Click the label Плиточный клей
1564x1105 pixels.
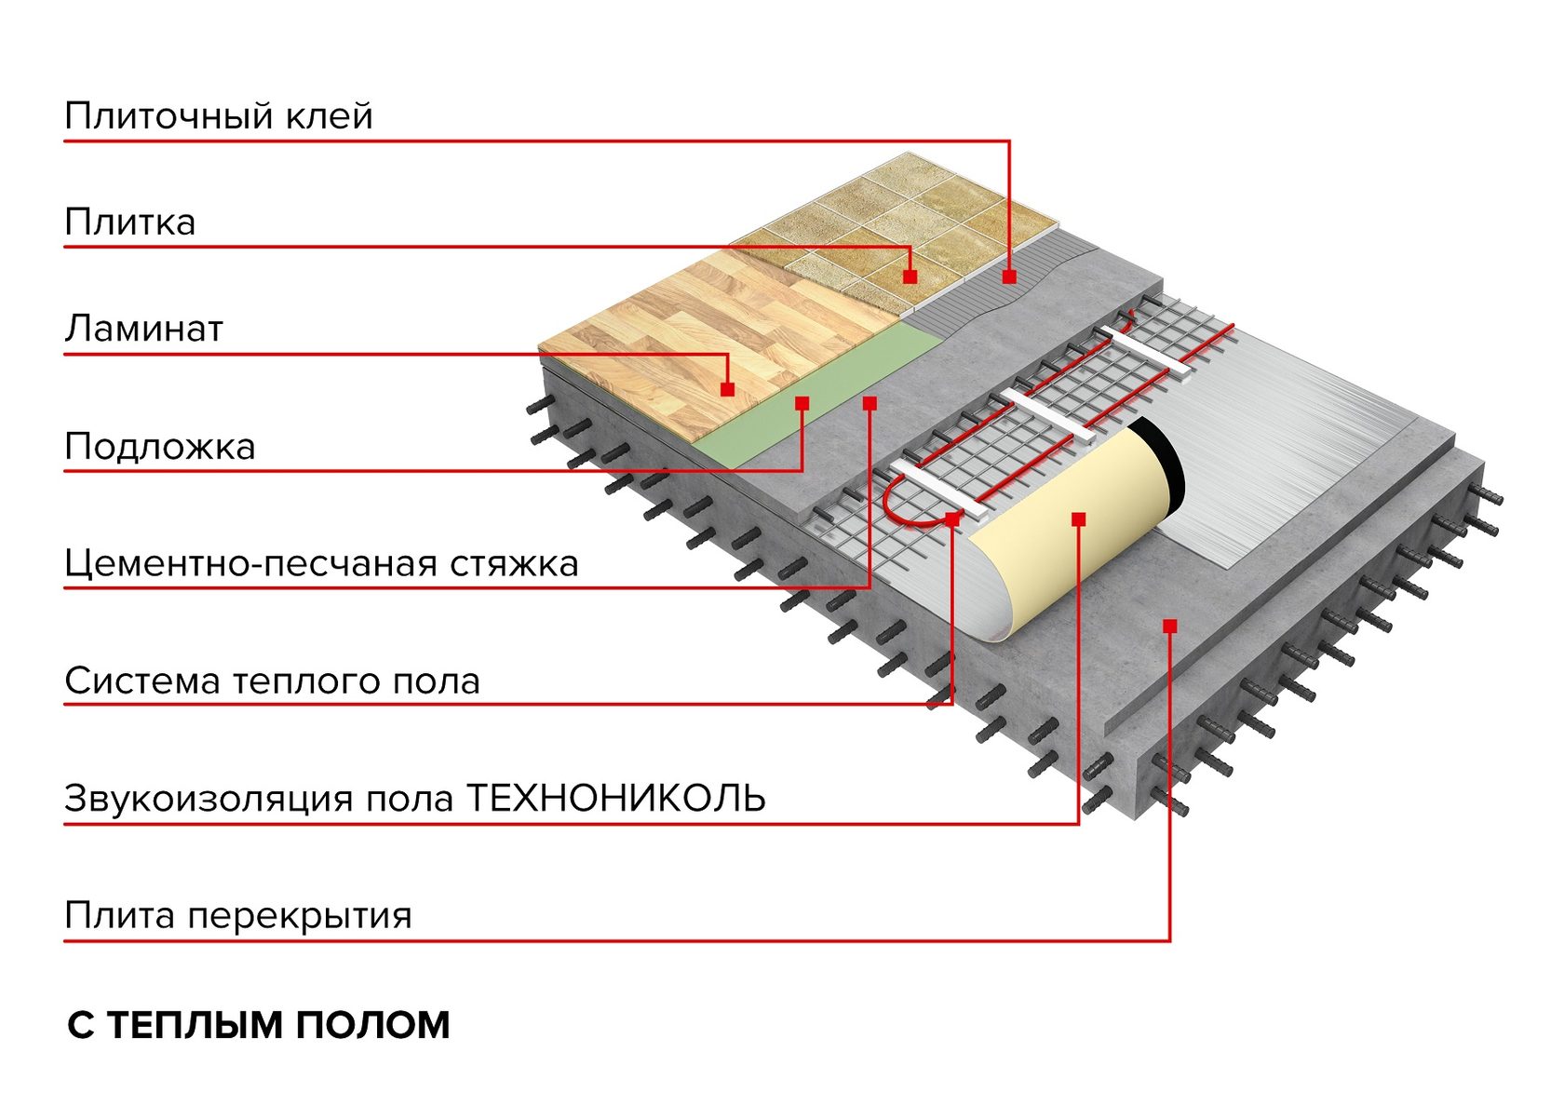219,115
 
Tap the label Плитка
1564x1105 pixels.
130,222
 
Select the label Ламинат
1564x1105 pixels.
143,329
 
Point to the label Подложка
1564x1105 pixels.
160,446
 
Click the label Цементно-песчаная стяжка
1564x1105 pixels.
322,564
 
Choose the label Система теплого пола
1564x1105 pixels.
272,681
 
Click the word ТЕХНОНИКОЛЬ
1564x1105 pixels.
615,798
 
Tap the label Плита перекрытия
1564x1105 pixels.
238,915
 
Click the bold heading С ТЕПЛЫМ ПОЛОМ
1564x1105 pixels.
259,1026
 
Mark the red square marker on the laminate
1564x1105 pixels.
728,389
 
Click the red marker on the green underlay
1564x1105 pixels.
802,403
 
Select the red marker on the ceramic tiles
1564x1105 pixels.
910,276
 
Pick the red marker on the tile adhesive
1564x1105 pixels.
1009,276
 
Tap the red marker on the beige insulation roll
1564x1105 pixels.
1079,519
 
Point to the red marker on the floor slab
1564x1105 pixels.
1170,627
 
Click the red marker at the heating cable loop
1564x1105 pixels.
953,518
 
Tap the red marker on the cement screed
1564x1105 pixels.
870,403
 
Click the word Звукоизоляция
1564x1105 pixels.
209,800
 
